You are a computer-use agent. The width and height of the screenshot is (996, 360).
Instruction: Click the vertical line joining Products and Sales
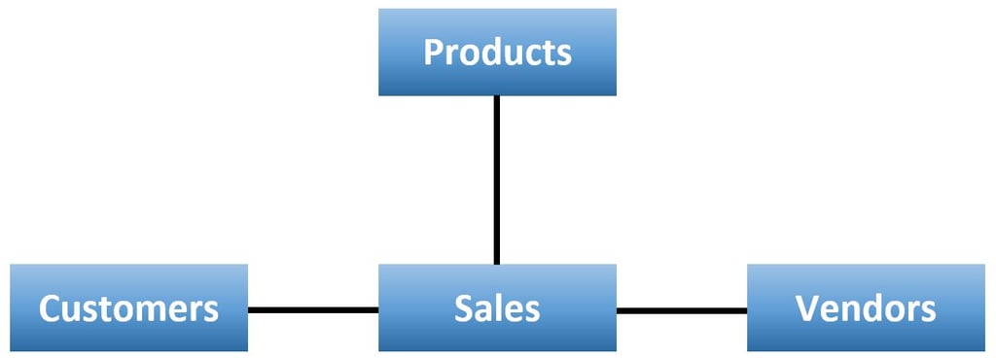click(497, 180)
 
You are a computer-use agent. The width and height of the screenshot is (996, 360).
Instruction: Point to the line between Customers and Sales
click(313, 310)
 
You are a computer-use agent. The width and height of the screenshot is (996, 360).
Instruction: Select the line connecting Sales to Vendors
click(682, 310)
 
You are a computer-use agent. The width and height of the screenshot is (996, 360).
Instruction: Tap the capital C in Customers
click(50, 309)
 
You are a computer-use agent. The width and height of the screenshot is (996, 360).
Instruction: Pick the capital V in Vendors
click(807, 309)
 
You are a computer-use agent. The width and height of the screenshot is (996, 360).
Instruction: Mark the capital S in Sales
click(464, 309)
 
